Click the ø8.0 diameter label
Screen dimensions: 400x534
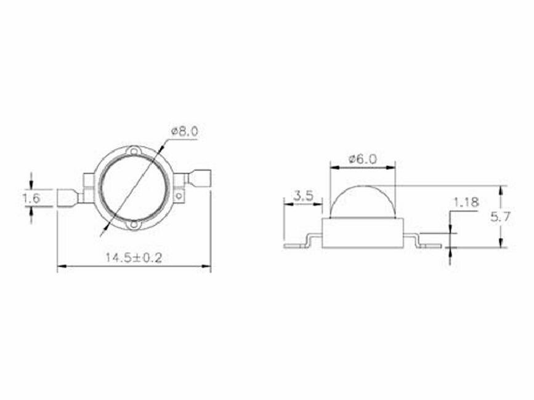[x=185, y=131]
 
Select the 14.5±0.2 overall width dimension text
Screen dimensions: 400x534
[x=133, y=257]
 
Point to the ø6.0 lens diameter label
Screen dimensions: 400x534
[x=362, y=158]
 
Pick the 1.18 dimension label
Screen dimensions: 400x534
[x=466, y=202]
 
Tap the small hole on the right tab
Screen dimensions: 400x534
[x=179, y=197]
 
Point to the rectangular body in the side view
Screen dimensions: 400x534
[x=362, y=232]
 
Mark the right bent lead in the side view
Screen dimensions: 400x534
[x=425, y=242]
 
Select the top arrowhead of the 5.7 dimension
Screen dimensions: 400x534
[x=503, y=189]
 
